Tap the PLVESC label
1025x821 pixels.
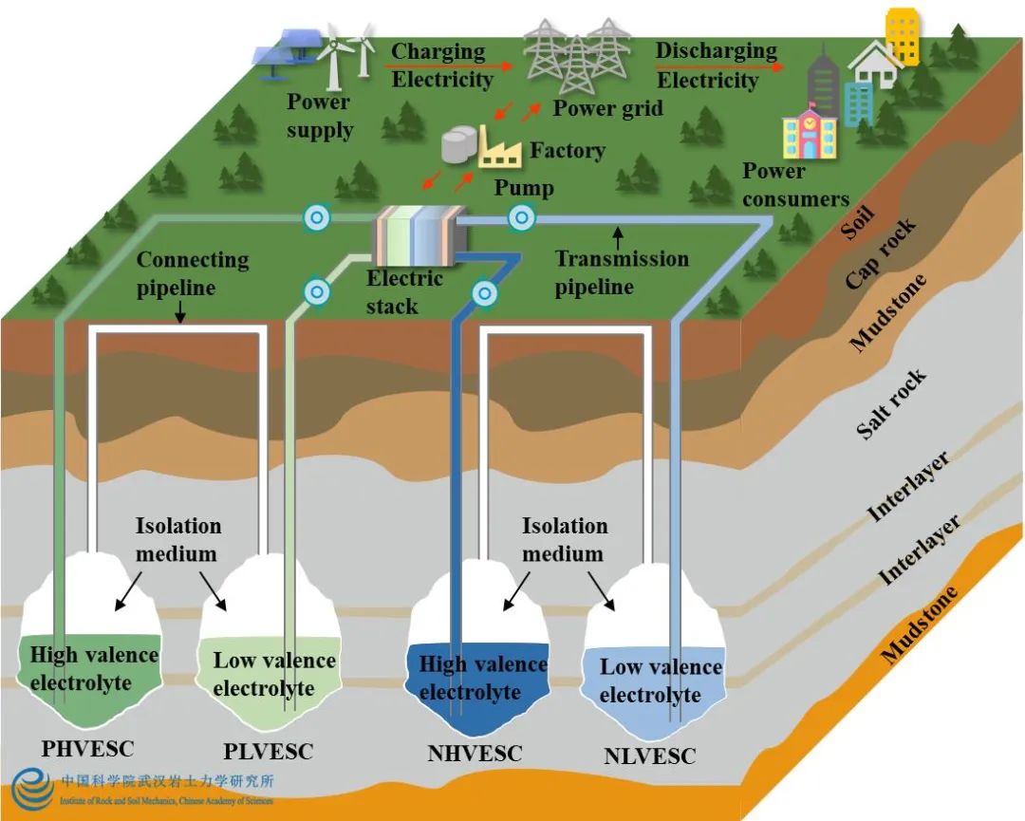(x=269, y=752)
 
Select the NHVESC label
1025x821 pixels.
(x=475, y=754)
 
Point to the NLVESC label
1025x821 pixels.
(x=650, y=756)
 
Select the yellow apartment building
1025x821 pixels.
(x=902, y=36)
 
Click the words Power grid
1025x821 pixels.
(x=607, y=108)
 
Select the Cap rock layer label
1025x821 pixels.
(x=881, y=253)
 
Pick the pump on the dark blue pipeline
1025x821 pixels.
(x=484, y=294)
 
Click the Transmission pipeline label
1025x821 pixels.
(x=621, y=271)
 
